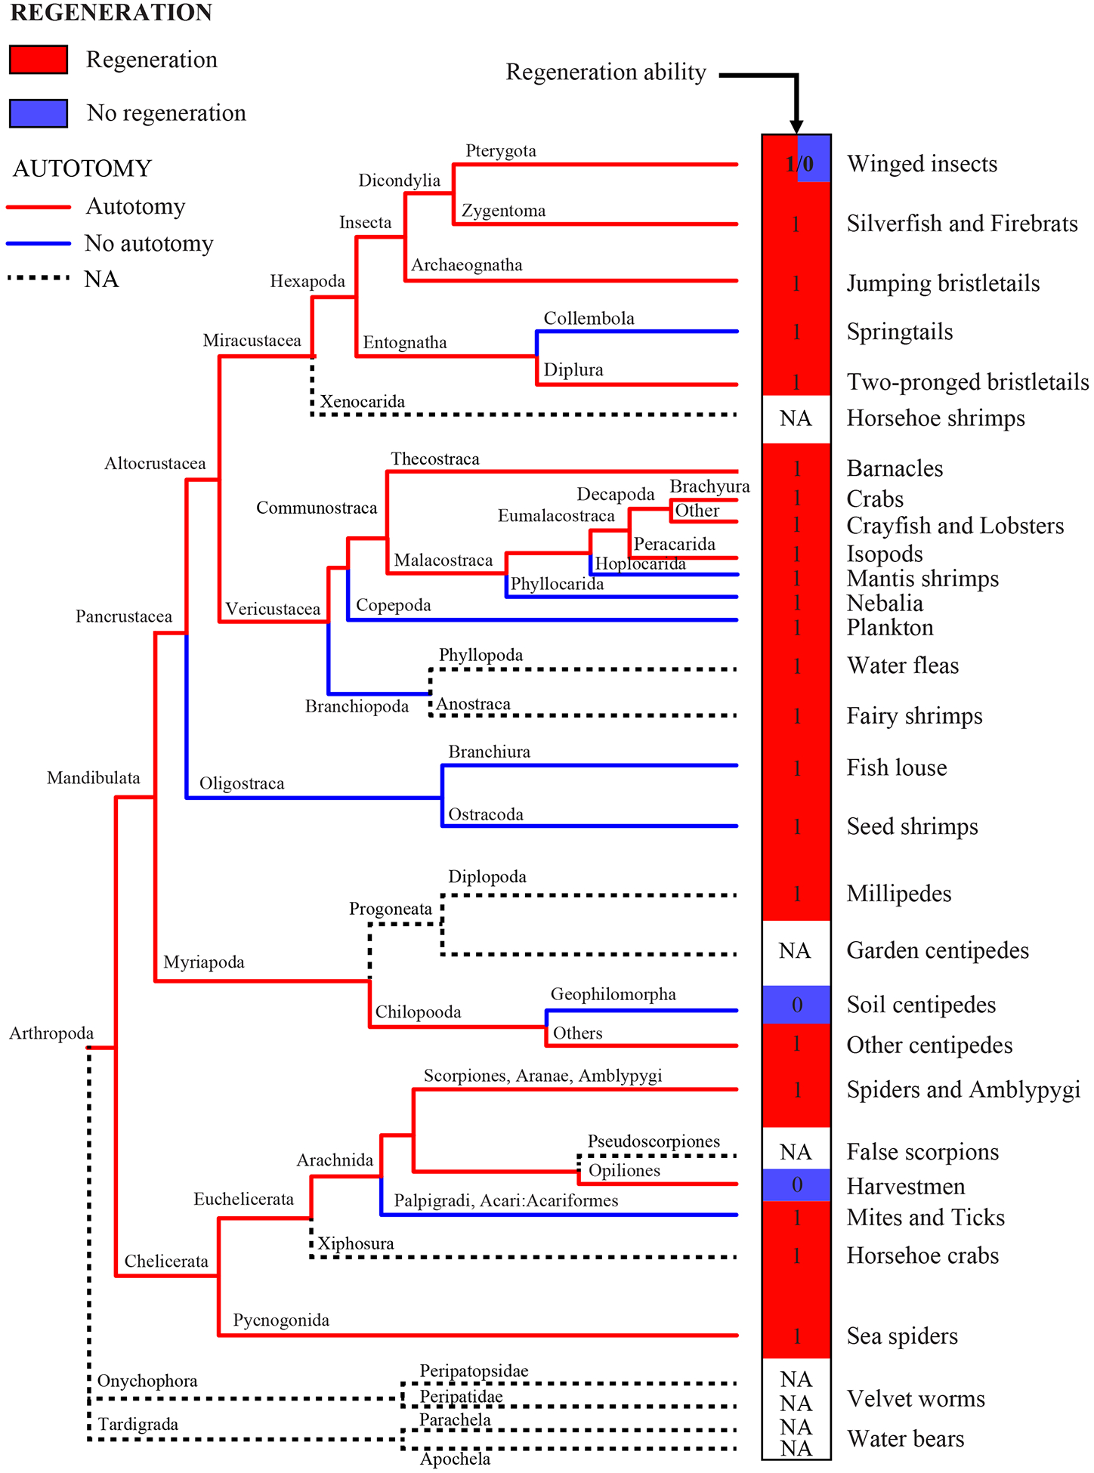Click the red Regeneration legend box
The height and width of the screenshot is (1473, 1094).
click(x=39, y=60)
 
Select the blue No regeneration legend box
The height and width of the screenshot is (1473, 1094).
click(x=39, y=113)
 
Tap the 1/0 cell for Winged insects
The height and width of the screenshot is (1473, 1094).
click(x=798, y=163)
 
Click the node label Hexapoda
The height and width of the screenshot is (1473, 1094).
click(x=307, y=282)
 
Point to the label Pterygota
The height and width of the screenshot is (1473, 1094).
click(x=501, y=151)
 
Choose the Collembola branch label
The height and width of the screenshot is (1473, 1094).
click(x=589, y=319)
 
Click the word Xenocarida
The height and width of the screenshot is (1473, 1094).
click(x=363, y=402)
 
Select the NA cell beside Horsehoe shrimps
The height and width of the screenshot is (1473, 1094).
click(x=796, y=418)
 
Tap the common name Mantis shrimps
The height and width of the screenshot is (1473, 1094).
click(x=922, y=579)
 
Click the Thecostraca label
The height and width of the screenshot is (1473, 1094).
click(x=435, y=459)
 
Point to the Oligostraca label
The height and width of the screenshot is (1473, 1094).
click(x=242, y=784)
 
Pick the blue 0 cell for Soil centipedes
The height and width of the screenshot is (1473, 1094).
click(x=796, y=1005)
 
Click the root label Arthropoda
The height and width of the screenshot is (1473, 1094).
click(x=51, y=1033)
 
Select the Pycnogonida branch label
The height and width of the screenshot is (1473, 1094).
click(x=281, y=1320)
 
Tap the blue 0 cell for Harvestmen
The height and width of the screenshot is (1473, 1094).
click(x=796, y=1185)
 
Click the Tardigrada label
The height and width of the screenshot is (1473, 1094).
click(x=138, y=1425)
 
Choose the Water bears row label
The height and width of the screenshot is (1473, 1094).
click(x=905, y=1439)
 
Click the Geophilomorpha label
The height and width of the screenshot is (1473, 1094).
click(x=613, y=994)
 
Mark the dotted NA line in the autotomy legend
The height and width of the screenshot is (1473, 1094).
click(x=39, y=279)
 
